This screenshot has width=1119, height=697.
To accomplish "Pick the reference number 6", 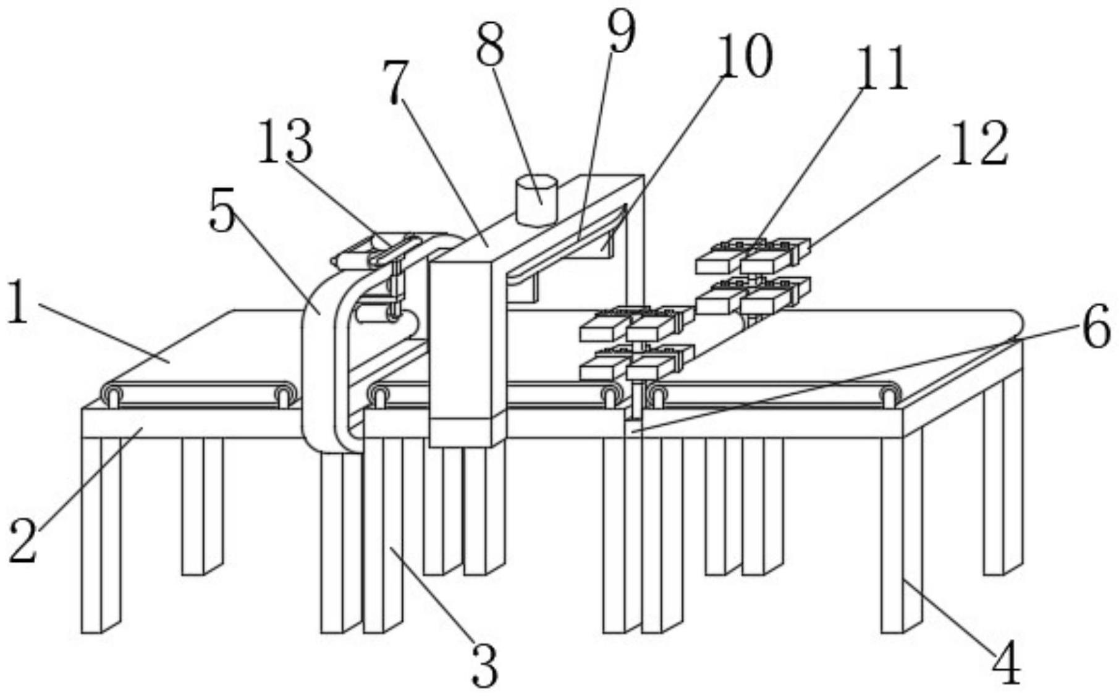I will click(1096, 330).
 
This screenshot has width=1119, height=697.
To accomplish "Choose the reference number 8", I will click(490, 45).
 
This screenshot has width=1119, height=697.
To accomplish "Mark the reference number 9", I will click(621, 32).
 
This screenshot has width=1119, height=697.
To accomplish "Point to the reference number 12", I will click(979, 143).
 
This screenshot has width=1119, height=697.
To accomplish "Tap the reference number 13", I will click(285, 142).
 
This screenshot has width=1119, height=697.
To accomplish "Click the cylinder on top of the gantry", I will click(538, 201).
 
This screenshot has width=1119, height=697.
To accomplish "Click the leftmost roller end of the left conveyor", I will click(112, 394).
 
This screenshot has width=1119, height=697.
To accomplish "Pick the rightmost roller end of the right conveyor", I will click(889, 394).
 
